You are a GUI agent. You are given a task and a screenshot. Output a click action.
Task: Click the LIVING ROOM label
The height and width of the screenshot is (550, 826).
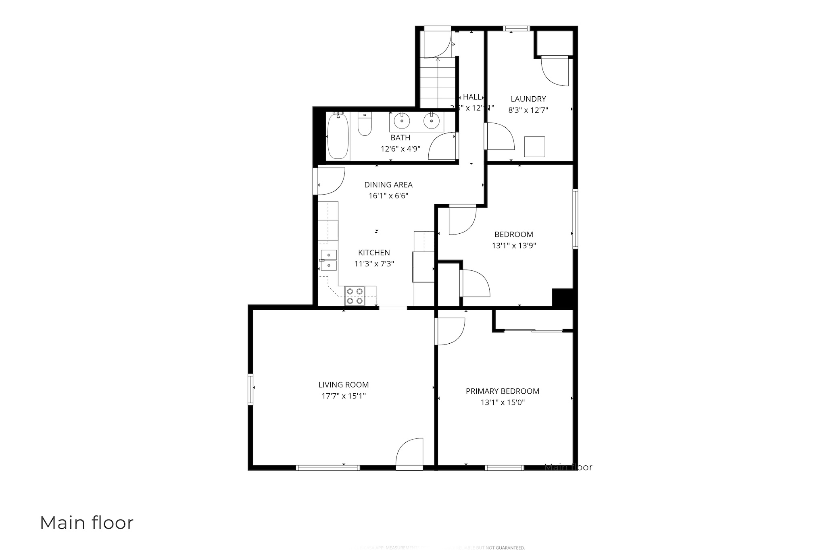[344, 385]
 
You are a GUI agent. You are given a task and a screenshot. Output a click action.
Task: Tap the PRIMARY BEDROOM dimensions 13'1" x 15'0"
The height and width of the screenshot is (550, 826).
[503, 403]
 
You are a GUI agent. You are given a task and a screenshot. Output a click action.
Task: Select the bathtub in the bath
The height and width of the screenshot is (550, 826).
[338, 137]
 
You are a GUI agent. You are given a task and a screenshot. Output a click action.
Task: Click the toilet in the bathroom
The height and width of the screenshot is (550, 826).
[365, 125]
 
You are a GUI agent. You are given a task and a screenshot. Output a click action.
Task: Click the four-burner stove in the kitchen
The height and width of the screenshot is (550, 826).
[355, 296]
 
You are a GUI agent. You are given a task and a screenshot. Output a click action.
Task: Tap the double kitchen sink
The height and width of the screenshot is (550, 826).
[329, 260]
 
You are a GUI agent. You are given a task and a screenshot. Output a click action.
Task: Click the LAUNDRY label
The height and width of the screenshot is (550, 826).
[528, 99]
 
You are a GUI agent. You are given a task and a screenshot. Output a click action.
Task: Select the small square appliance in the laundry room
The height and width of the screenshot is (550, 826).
[534, 147]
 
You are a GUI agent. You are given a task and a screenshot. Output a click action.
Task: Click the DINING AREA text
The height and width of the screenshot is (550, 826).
[388, 185]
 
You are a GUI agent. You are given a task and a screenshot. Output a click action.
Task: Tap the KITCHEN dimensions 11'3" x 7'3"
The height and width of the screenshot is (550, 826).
[374, 264]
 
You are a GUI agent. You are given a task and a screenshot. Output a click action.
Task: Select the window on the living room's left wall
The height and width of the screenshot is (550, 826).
[250, 389]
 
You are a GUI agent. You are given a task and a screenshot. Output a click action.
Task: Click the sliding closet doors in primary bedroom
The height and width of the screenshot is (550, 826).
[533, 331]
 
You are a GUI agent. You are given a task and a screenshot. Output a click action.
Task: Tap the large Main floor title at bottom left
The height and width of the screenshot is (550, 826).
[87, 523]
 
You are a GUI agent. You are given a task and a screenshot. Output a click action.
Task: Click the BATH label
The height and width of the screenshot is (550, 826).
[400, 138]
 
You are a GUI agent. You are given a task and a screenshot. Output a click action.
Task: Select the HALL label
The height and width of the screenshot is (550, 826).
[472, 97]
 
